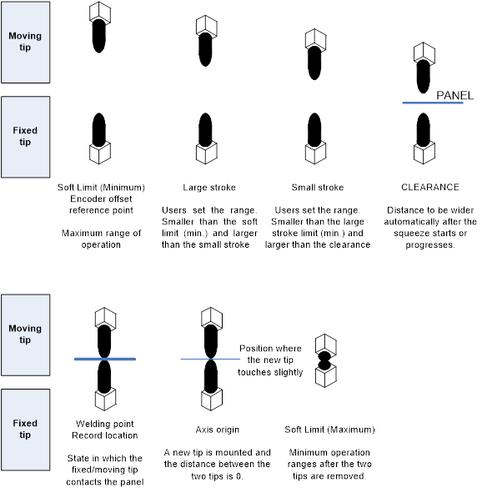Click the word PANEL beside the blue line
tap(454, 95)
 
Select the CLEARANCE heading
tap(430, 187)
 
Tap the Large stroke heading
tap(209, 188)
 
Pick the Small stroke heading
tap(318, 188)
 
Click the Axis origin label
tap(218, 430)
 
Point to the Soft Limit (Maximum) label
tap(329, 430)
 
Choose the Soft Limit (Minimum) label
tap(101, 188)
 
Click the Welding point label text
tap(105, 424)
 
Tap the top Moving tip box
tap(26, 42)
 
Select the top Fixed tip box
tap(26, 137)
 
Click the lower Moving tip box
tap(26, 334)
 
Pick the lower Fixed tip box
tap(26, 430)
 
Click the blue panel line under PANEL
tap(433, 103)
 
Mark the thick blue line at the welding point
tap(105, 360)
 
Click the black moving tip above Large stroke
tap(205, 49)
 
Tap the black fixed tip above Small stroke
tap(314, 129)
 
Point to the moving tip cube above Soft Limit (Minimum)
tap(100, 13)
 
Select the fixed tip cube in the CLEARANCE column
tap(424, 153)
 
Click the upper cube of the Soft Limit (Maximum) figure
tap(326, 345)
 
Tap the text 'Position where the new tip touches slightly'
tap(270, 360)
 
